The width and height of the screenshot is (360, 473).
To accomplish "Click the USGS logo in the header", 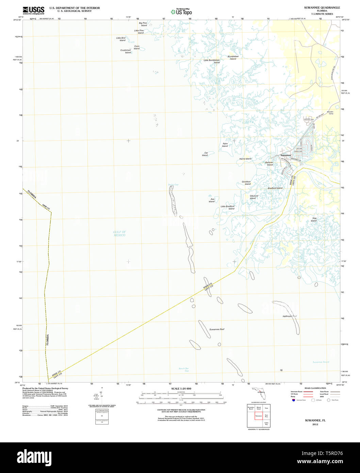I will click(33, 10).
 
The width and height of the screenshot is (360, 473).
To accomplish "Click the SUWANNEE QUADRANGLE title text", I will click(317, 7).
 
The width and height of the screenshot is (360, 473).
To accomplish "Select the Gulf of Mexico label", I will click(119, 233).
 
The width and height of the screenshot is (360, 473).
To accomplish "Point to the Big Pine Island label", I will click(143, 24).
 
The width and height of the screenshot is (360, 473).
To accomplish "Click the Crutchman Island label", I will click(126, 51).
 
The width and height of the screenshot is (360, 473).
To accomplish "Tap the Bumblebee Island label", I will click(233, 58).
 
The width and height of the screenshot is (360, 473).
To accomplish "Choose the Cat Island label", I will click(205, 154).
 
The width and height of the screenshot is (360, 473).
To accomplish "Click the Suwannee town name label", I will click(286, 155).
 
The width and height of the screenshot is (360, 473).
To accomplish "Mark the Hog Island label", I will click(314, 219).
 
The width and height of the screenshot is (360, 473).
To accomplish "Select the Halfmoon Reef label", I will click(290, 316).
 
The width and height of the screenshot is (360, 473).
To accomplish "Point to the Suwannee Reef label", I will click(217, 329).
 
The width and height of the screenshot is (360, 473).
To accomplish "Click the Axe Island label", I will click(212, 200).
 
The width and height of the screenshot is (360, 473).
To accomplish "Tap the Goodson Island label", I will click(246, 183).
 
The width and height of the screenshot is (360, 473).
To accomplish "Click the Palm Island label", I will click(225, 145).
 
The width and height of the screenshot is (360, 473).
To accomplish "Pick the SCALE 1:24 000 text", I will click(181, 389).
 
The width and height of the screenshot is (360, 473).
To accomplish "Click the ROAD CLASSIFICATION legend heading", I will click(315, 388).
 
